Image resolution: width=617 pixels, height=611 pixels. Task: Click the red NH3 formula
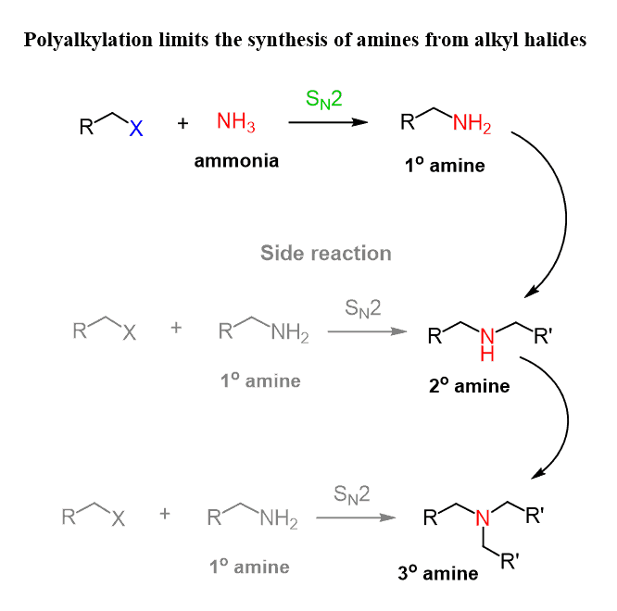[x=236, y=122]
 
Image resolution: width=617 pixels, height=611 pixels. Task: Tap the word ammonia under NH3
[x=236, y=160]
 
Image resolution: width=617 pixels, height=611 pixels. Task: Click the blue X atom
[x=136, y=131]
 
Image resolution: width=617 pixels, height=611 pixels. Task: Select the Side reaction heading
[x=325, y=253]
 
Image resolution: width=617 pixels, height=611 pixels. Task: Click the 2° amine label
[x=469, y=385]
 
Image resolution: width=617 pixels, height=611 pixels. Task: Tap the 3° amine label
[x=437, y=573]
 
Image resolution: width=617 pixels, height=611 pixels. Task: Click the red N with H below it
[x=486, y=334]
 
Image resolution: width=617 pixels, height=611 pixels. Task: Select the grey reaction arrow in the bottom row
[x=352, y=517]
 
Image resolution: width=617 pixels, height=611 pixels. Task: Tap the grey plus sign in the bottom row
[x=165, y=514]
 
